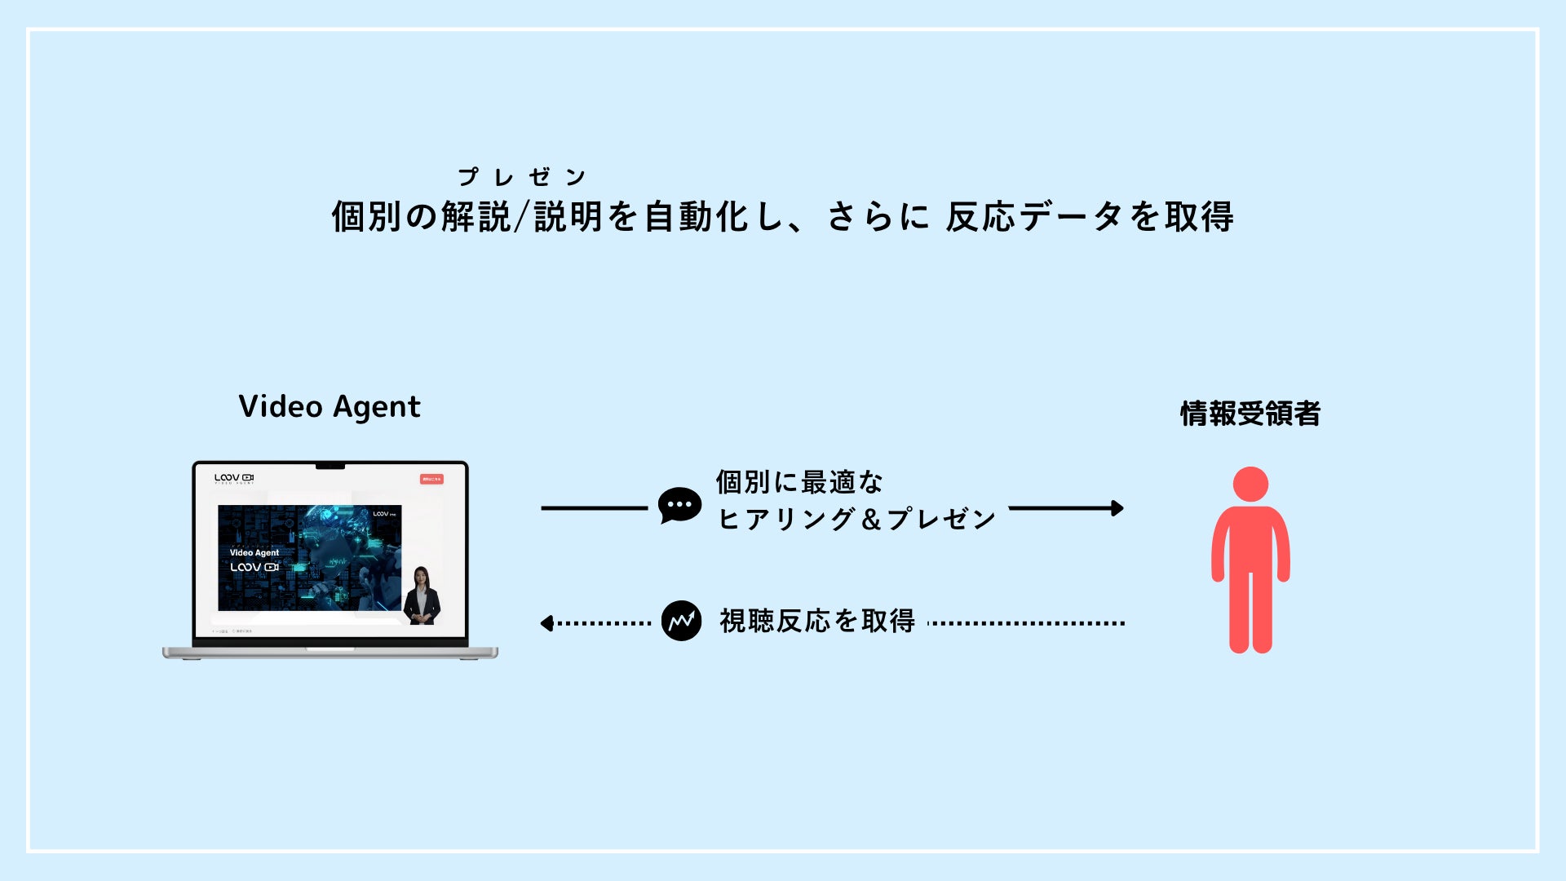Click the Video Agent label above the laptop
[330, 406]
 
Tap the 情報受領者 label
[1250, 414]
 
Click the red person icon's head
[1250, 484]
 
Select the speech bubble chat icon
[679, 506]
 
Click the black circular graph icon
[681, 622]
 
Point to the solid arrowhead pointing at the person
[1117, 508]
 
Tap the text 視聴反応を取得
[817, 622]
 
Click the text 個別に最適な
[799, 482]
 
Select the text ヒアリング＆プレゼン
[856, 519]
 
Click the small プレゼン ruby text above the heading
[521, 177]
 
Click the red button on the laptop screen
[431, 479]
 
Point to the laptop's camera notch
[330, 467]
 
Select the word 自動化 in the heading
[697, 217]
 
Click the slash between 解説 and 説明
[522, 217]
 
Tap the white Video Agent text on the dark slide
[254, 552]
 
